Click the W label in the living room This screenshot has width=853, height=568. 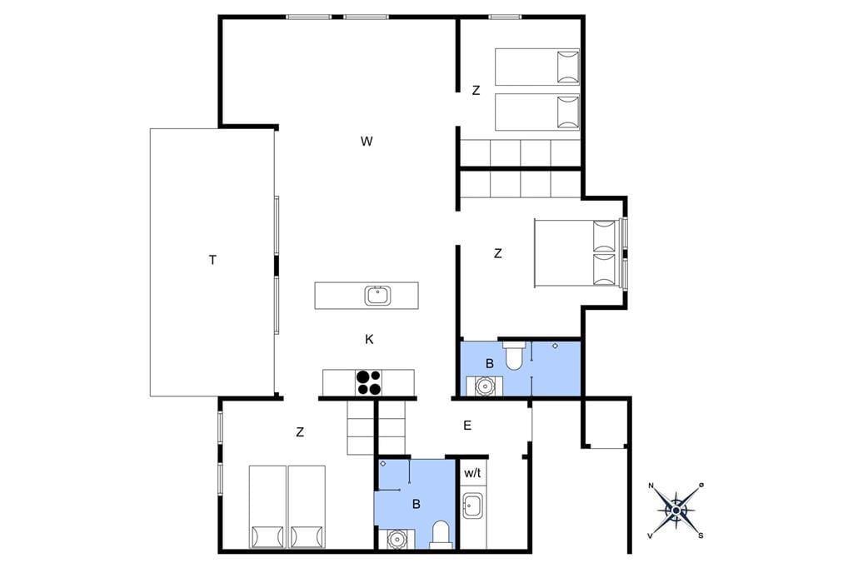(x=367, y=142)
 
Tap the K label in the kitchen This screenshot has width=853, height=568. (x=369, y=340)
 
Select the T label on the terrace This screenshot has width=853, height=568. (x=212, y=260)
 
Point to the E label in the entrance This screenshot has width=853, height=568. (x=467, y=426)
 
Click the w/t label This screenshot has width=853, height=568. (x=472, y=473)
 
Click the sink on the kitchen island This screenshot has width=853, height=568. (x=377, y=296)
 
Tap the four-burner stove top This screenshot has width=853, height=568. (x=368, y=382)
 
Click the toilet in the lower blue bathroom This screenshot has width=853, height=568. (x=440, y=534)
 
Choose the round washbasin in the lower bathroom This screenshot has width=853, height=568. (x=397, y=539)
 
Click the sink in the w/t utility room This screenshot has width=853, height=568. (x=471, y=506)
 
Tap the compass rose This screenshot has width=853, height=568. (x=676, y=511)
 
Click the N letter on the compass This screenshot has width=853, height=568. (x=651, y=486)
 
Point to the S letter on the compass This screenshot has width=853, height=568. (x=701, y=536)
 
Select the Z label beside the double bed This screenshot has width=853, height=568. (x=498, y=253)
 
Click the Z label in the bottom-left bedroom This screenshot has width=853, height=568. (x=300, y=432)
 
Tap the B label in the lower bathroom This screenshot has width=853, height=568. (x=417, y=505)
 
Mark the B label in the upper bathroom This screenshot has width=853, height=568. (x=490, y=363)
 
